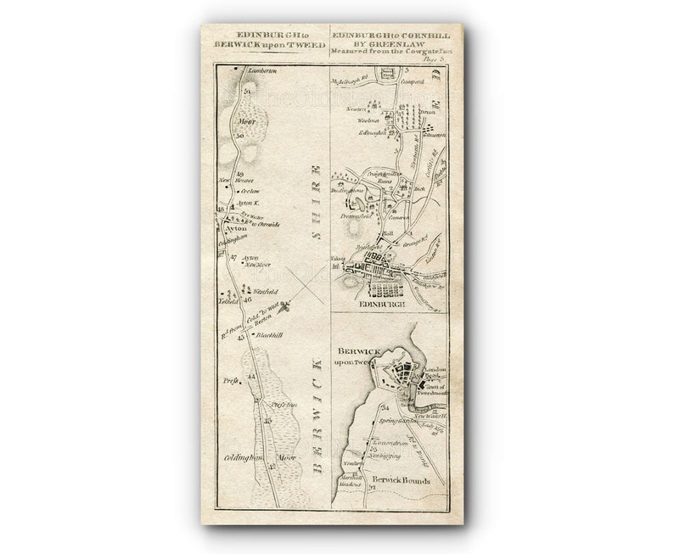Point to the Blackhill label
tap(267, 336)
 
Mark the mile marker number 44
tap(250, 377)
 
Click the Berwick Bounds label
tap(404, 480)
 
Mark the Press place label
tap(230, 382)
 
